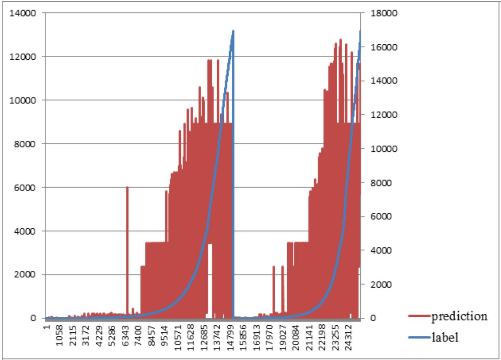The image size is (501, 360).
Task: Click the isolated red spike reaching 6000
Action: click(127, 190)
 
